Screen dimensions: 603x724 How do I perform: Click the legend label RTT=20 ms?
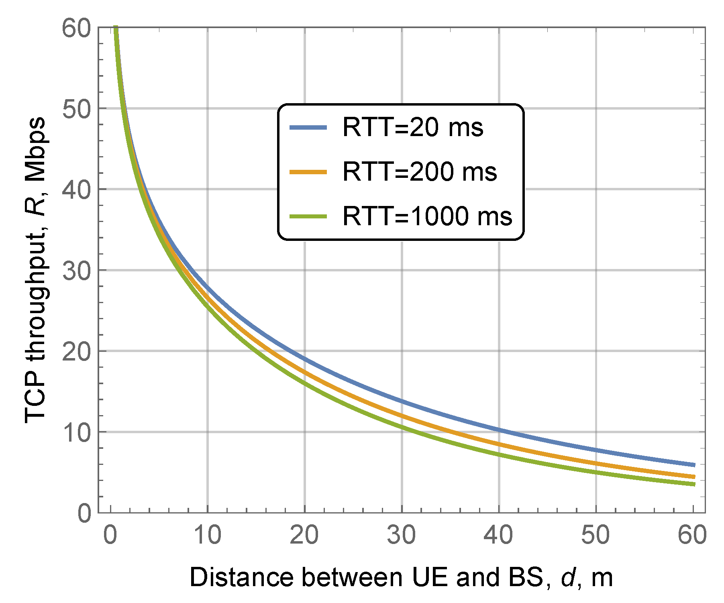point(412,128)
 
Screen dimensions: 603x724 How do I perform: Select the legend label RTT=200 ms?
point(419,172)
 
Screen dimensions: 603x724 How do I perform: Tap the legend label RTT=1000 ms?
point(427,216)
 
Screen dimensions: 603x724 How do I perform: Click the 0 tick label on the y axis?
point(84,513)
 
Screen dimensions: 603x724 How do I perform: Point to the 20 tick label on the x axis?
point(304,536)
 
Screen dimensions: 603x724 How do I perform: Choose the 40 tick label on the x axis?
point(498,536)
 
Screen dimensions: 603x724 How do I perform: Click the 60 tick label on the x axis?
point(692,536)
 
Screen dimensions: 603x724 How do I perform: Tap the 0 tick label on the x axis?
point(110,536)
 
